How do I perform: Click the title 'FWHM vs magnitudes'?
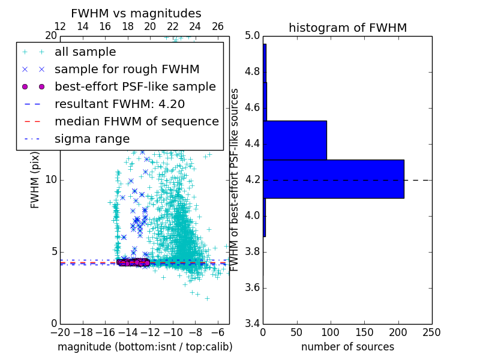coord(136,13)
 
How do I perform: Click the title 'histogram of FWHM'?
coord(347,28)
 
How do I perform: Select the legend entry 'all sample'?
coord(85,52)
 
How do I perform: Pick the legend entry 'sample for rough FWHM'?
coord(127,70)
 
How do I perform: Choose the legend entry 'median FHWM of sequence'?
coord(136,121)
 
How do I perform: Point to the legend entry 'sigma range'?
coord(92,139)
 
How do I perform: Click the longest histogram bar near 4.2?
coord(333,178)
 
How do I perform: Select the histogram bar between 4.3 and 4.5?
coord(295,140)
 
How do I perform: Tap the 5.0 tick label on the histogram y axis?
coord(252,36)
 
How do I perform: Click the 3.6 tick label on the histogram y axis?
coord(252,288)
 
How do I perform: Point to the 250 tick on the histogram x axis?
coord(431,332)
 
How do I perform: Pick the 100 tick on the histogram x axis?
coord(331,332)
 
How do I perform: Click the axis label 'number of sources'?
coord(347,347)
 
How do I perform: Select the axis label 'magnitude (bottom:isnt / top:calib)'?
coord(145,347)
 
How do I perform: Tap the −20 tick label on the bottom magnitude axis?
coord(60,332)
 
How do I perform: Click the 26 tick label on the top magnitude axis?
coord(218,26)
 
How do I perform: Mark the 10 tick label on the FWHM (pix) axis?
coord(50,180)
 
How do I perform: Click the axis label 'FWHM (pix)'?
coord(35,180)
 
